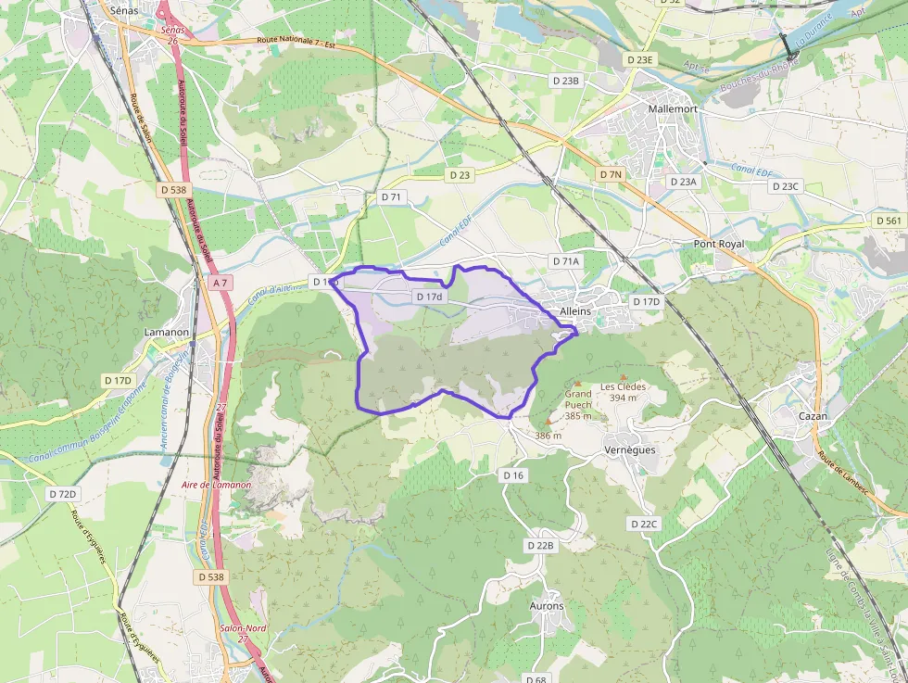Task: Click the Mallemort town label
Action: point(673,108)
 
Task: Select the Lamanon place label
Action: point(167,332)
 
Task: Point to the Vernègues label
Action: point(629,449)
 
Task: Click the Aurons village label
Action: point(547,606)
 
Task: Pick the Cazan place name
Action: point(813,416)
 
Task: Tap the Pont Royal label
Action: point(719,244)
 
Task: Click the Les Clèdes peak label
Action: point(623,387)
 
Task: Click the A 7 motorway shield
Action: point(220,282)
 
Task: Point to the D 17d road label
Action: point(430,297)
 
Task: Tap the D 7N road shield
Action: point(611,174)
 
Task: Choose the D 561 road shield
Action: point(888,221)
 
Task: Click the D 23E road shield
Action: point(639,59)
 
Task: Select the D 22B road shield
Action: point(540,545)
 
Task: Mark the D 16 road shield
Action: point(513,474)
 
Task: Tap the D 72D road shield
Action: point(62,494)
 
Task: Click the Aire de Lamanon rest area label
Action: point(217,485)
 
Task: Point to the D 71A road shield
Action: point(565,261)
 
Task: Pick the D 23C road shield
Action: point(786,186)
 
